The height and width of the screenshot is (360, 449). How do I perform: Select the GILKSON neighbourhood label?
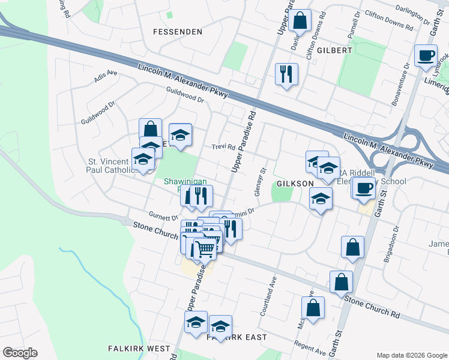295,183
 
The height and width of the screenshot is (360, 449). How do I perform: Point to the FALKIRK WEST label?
139,348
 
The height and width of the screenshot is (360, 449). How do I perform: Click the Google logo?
20,353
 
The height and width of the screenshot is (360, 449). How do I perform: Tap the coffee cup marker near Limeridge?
426,56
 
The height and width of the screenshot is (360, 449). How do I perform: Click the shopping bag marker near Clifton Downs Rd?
300,21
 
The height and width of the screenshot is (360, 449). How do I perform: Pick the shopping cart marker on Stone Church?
205,247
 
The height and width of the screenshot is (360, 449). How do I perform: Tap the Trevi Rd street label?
223,148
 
